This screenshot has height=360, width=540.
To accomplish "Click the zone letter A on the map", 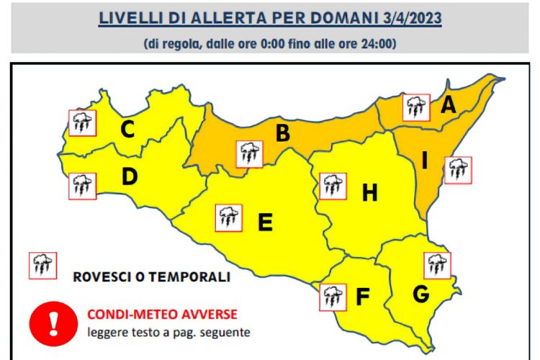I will coord(449,105).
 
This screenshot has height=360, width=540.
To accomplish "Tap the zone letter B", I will coord(283,133).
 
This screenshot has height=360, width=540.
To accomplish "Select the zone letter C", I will coord(127,130).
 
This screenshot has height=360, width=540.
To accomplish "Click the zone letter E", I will coord(265,223).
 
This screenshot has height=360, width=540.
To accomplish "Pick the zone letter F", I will coord(364,295).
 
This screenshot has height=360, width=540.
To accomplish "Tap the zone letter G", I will coord(421,293).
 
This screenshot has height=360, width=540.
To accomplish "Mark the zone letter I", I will coord(425,161).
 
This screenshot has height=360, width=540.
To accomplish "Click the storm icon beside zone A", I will coord(416,107).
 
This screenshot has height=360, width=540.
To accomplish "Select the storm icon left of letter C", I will coord(81,122).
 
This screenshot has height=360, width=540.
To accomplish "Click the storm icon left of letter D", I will coord(81,186).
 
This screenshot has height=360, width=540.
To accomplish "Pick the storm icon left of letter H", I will coord(332,186).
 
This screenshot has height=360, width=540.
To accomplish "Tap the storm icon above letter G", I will coord(436,265).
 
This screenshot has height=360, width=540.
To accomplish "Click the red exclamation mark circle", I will coord(53,320).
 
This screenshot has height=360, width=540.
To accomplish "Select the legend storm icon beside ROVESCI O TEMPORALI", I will coord(42,265).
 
